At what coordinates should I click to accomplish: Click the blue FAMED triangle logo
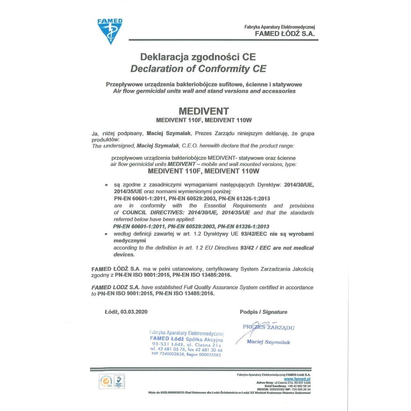tap(110, 31)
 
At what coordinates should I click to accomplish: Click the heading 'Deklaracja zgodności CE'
tap(198, 57)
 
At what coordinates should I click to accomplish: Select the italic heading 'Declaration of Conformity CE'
tap(198, 68)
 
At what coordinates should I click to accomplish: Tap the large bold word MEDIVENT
tap(204, 111)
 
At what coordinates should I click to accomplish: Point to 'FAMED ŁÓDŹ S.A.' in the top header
tap(285, 34)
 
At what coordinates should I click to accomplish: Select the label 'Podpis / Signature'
tap(263, 312)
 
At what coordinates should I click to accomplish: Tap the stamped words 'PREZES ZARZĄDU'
tap(269, 327)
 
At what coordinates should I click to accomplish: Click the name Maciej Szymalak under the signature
tap(268, 342)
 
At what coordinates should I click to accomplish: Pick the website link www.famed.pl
tap(299, 379)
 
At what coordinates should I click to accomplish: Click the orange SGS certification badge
tap(105, 383)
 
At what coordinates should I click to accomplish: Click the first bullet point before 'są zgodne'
tap(106, 185)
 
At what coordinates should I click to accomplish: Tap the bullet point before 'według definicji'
tap(106, 234)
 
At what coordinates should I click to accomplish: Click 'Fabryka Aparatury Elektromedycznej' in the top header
tap(280, 27)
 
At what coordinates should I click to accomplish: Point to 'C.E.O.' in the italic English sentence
tap(190, 146)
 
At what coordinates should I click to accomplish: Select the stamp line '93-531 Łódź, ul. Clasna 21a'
tap(187, 345)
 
